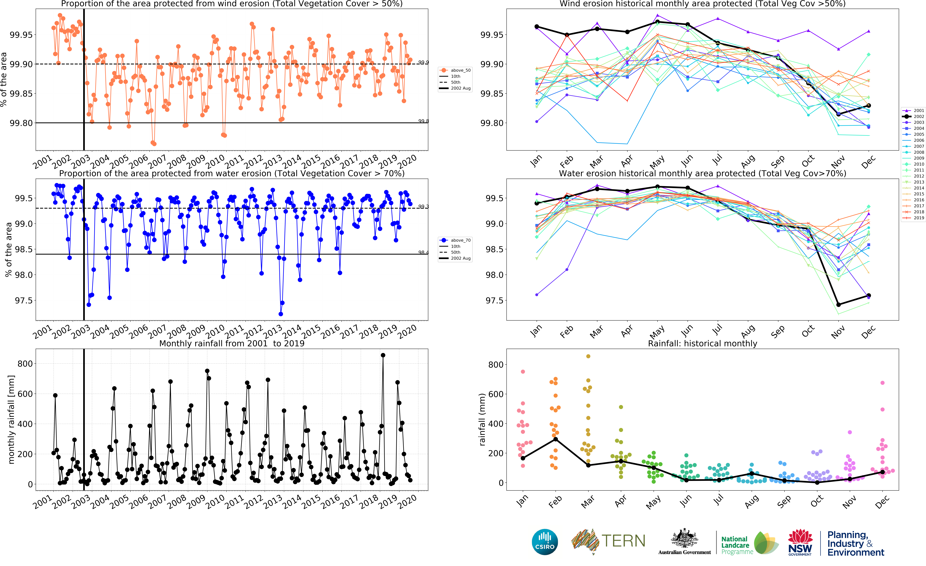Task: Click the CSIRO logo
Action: coord(545,542)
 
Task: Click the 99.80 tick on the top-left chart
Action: coord(21,123)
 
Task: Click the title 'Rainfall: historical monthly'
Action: coord(702,343)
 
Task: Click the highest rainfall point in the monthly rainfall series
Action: coord(383,355)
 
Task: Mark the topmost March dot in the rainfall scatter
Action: coord(588,356)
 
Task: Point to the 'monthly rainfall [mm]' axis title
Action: coord(11,419)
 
